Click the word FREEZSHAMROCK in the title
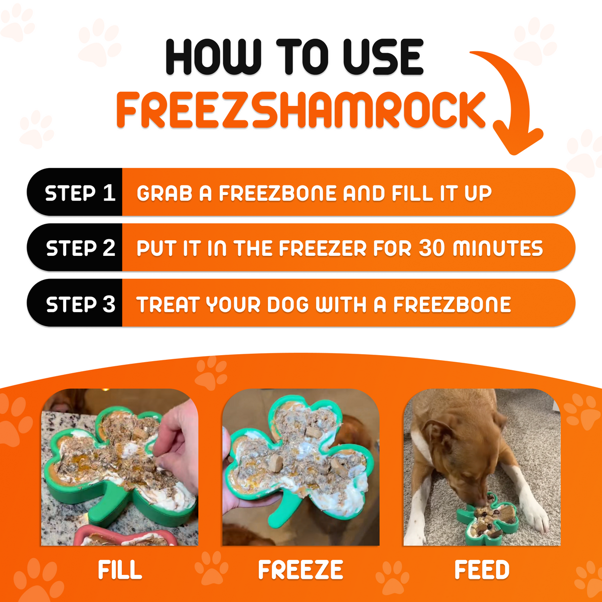point(301,109)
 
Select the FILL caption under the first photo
point(120,570)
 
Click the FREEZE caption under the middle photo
point(300,570)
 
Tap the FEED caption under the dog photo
point(482,570)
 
